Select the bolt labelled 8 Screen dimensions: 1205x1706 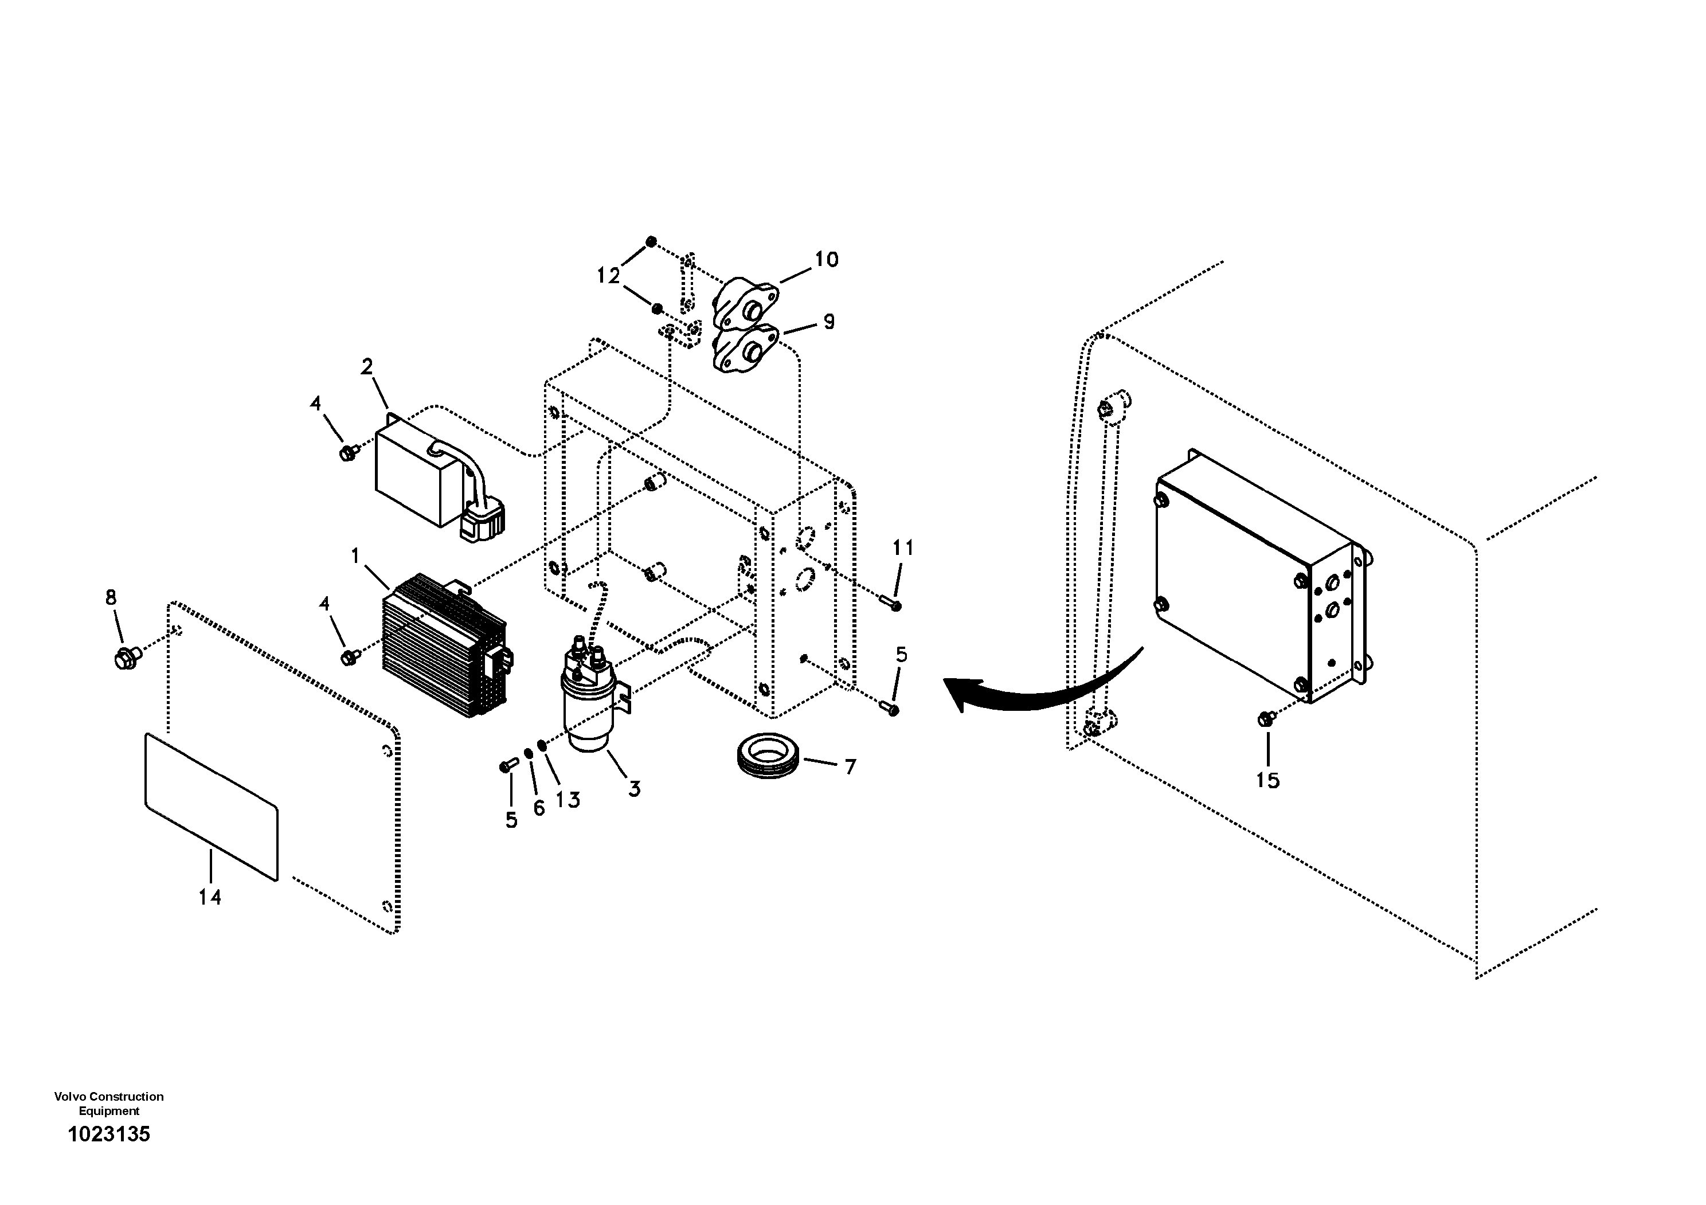tap(125, 658)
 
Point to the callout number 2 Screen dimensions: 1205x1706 tap(367, 366)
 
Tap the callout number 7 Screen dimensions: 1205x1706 tap(850, 766)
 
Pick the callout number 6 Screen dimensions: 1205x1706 tap(539, 808)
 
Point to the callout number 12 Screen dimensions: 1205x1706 tap(608, 276)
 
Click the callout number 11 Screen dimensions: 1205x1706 tap(903, 548)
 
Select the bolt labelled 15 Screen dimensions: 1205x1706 tap(1265, 718)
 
